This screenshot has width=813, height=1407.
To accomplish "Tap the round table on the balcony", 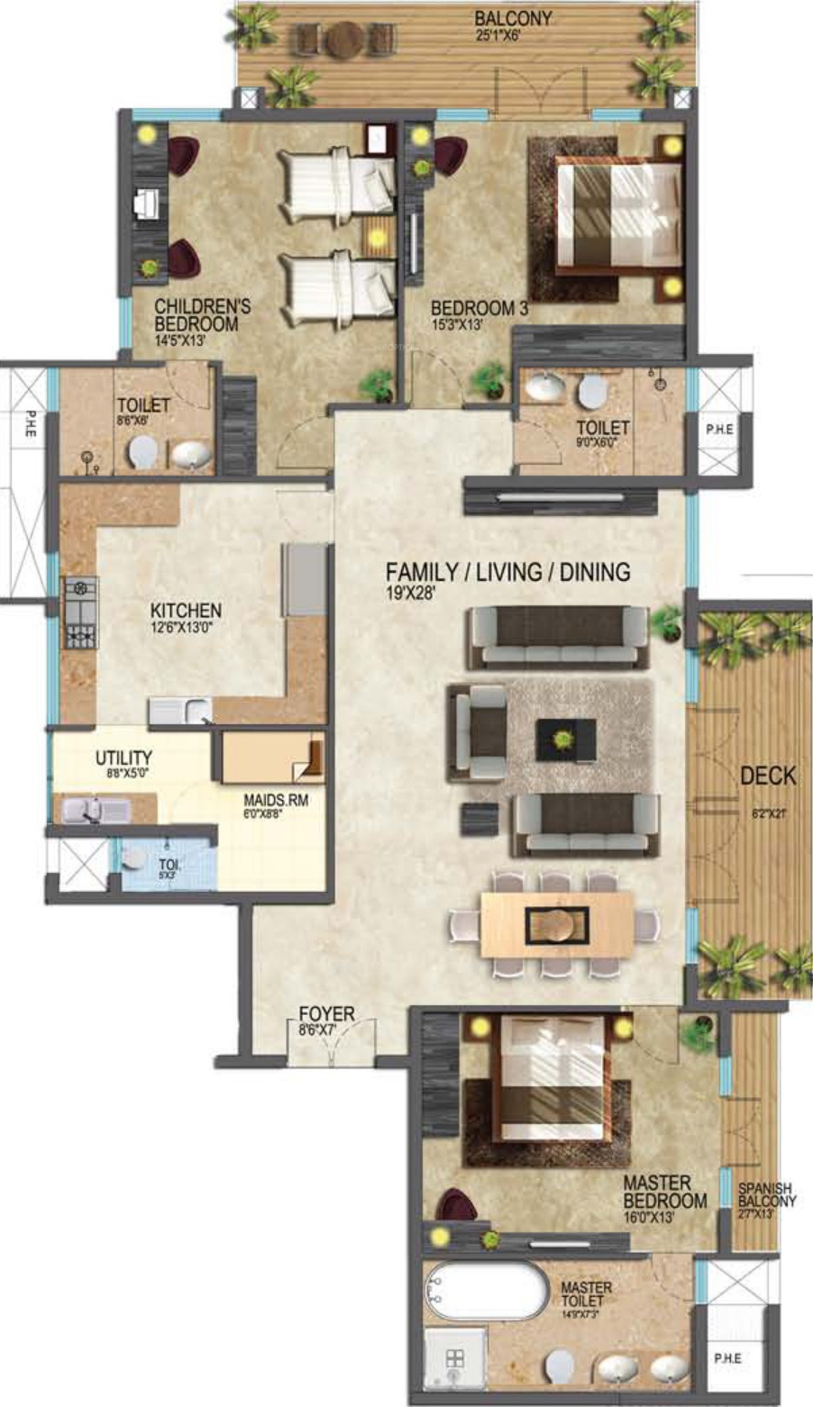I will (344, 40).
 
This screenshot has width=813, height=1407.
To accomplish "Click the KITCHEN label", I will (186, 611).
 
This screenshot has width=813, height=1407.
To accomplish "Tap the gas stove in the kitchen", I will (79, 613).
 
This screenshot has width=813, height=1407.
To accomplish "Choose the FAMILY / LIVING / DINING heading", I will (507, 572).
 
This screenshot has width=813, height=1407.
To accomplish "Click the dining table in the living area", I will (556, 924).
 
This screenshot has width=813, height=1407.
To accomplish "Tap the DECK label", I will (768, 776).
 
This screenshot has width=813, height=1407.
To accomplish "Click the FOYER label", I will (326, 1014).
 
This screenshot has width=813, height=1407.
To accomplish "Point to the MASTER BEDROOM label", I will (665, 1192).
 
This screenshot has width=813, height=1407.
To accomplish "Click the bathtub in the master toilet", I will (487, 1293).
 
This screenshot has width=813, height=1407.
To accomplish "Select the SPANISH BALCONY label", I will (767, 1194).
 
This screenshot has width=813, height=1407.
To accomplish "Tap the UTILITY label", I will (123, 758).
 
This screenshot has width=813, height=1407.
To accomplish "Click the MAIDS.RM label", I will (276, 799).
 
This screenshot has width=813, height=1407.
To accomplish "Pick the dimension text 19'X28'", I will (412, 593).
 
